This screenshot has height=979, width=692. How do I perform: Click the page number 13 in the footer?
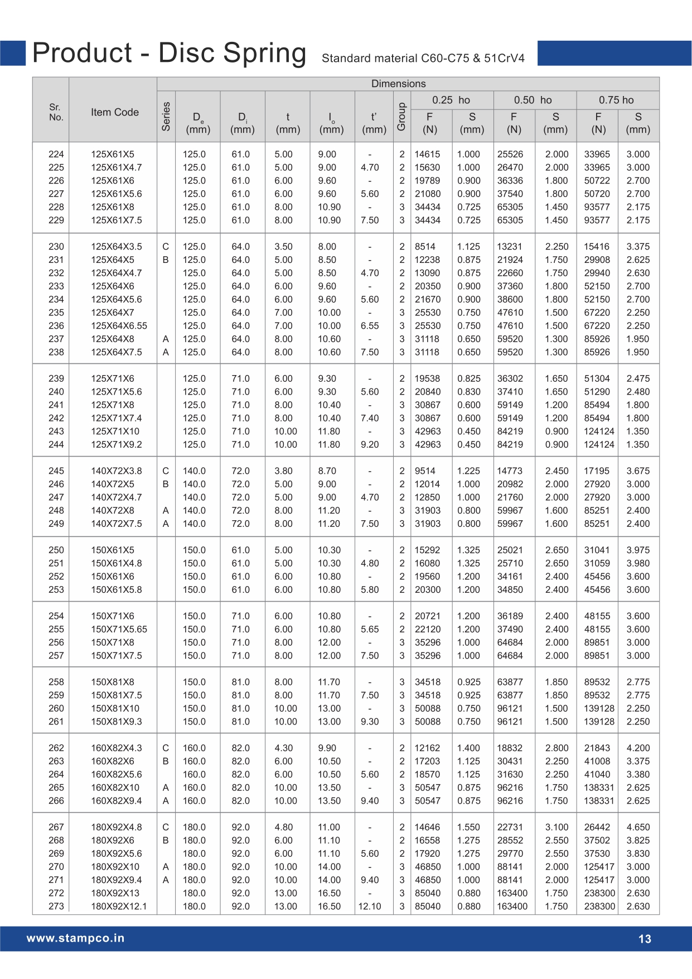click(x=644, y=939)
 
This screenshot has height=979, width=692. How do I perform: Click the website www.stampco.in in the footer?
click(x=75, y=938)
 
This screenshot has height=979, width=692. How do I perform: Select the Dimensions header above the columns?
click(x=398, y=84)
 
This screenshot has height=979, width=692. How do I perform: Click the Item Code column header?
click(x=114, y=112)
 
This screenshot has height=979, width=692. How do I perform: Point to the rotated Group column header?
click(x=401, y=117)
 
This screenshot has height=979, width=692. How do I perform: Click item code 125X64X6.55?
click(x=119, y=326)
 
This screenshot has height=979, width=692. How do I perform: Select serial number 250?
click(x=56, y=550)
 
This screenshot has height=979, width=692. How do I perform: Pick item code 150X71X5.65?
click(x=119, y=630)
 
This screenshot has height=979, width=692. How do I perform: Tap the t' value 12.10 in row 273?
click(x=370, y=906)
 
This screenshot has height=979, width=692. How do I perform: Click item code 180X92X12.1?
click(x=119, y=906)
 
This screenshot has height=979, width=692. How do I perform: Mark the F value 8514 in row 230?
click(x=425, y=247)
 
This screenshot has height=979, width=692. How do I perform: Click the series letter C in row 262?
click(x=166, y=748)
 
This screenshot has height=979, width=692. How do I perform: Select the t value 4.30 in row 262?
click(x=283, y=748)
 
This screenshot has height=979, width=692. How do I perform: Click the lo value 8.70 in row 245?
click(x=327, y=471)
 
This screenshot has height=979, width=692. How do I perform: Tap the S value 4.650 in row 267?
click(x=638, y=827)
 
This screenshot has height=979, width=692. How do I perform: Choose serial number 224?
click(x=56, y=155)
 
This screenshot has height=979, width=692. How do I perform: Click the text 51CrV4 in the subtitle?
click(x=504, y=59)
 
